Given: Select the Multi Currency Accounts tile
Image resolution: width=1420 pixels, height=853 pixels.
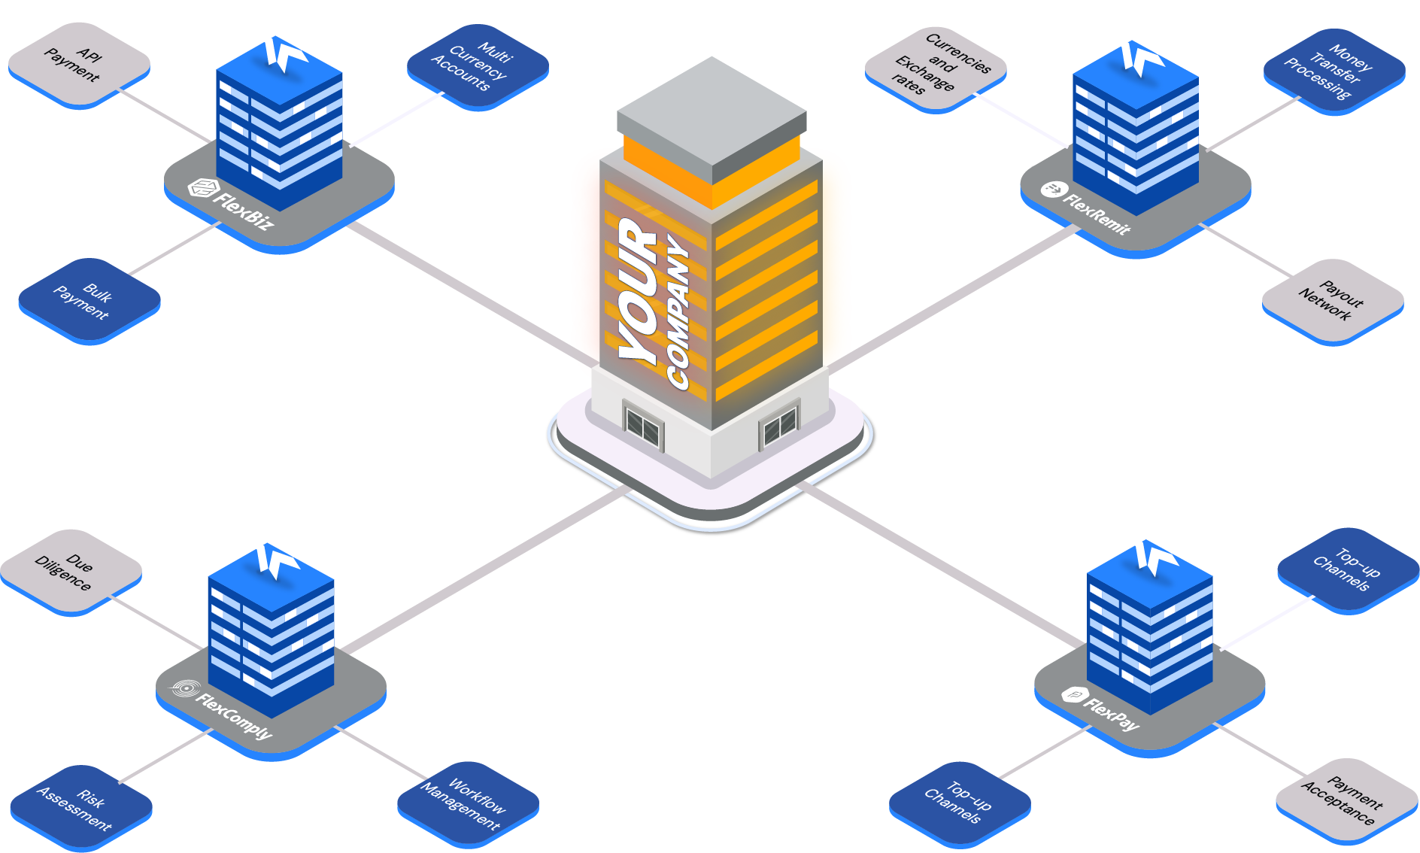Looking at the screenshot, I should point(477,66).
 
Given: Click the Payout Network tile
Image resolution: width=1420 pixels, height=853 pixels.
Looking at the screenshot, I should point(1332,301).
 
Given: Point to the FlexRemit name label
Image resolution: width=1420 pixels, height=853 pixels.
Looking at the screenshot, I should point(1095,214).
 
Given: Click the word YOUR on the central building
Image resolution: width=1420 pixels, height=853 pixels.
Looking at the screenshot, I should point(639,293).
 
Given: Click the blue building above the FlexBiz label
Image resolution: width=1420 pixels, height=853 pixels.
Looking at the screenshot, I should point(279,128).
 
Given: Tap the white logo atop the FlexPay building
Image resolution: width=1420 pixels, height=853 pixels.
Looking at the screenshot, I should point(1151,557).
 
